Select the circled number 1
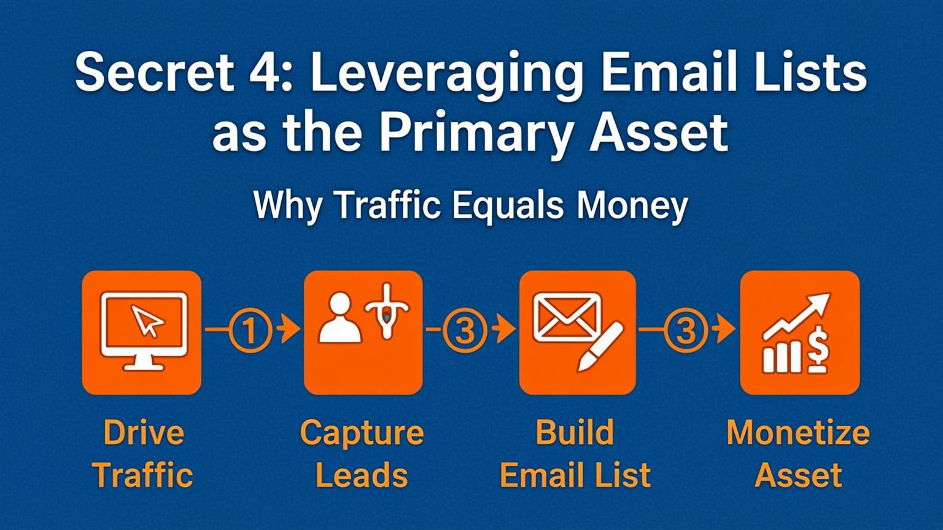[x=249, y=331]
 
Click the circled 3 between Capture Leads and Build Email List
[x=465, y=331]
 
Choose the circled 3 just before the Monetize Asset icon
[x=686, y=331]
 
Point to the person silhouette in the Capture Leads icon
[x=340, y=317]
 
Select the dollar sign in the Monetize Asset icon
[x=817, y=350]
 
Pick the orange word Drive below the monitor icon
[x=144, y=432]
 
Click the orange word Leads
[x=362, y=475]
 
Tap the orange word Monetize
[x=798, y=432]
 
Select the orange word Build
[x=575, y=432]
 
